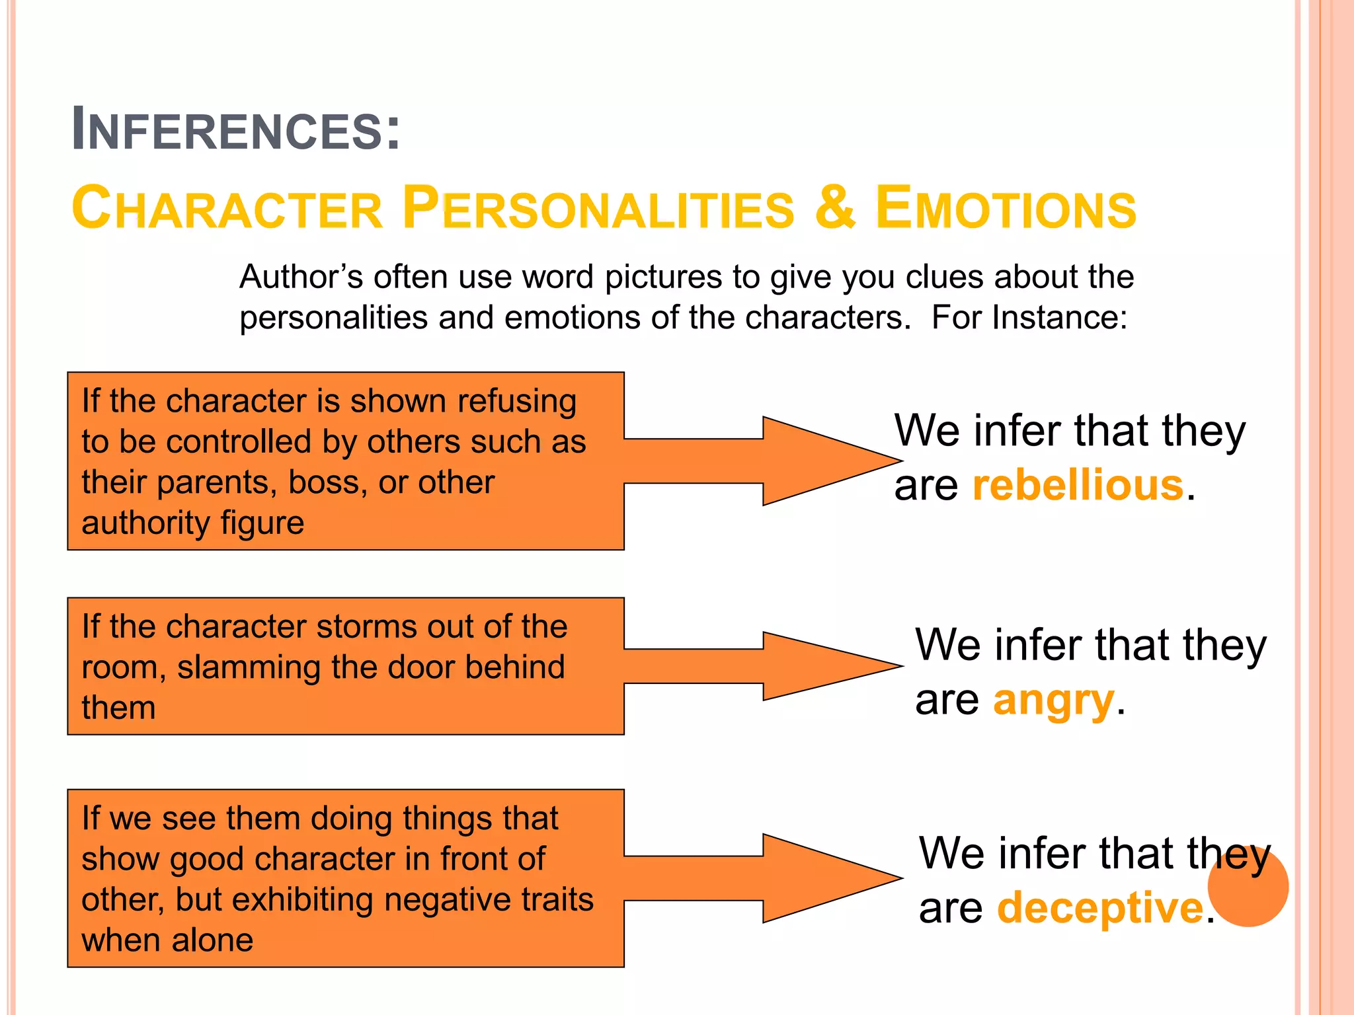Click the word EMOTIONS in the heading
tap(1006, 208)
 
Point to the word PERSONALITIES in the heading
tap(598, 208)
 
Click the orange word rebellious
tap(1078, 485)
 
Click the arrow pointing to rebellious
tap(760, 461)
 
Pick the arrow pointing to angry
tap(760, 666)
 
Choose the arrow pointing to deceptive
tap(760, 878)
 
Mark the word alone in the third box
tap(212, 940)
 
